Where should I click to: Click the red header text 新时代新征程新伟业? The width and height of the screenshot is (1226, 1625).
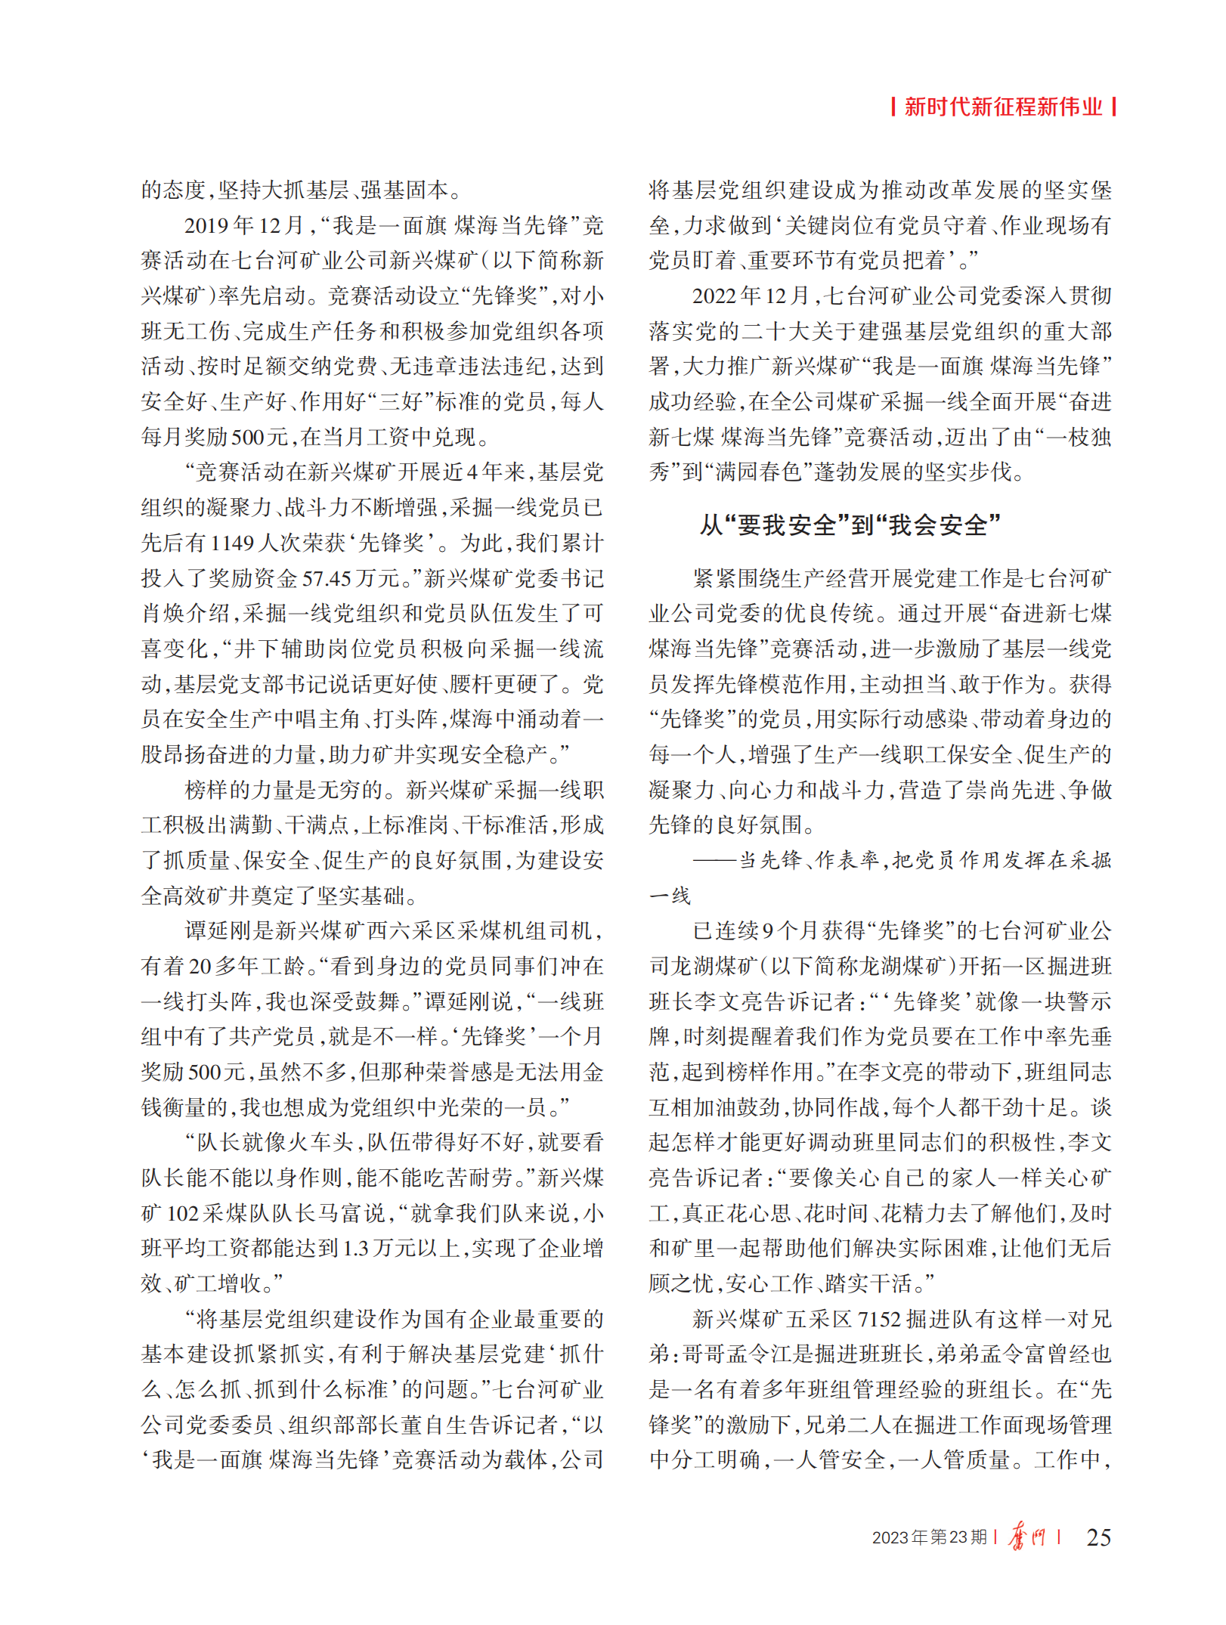(1003, 107)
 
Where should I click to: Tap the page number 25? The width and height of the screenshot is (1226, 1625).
(1098, 1537)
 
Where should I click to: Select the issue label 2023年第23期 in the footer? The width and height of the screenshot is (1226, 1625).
(929, 1537)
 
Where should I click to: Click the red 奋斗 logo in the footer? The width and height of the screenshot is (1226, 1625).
(1026, 1537)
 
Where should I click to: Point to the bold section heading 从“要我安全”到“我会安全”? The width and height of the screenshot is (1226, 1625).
(850, 525)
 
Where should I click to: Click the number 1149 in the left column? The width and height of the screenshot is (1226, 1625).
(232, 543)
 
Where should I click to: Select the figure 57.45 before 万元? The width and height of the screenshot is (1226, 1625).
(327, 579)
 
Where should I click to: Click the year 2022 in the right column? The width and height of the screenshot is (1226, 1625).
(715, 296)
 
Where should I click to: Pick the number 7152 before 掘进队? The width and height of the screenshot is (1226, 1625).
(879, 1320)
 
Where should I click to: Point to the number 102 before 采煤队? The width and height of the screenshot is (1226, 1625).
(182, 1214)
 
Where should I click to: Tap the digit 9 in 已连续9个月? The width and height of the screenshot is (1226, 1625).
(766, 931)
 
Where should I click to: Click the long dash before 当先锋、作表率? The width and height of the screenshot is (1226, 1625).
(714, 861)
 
